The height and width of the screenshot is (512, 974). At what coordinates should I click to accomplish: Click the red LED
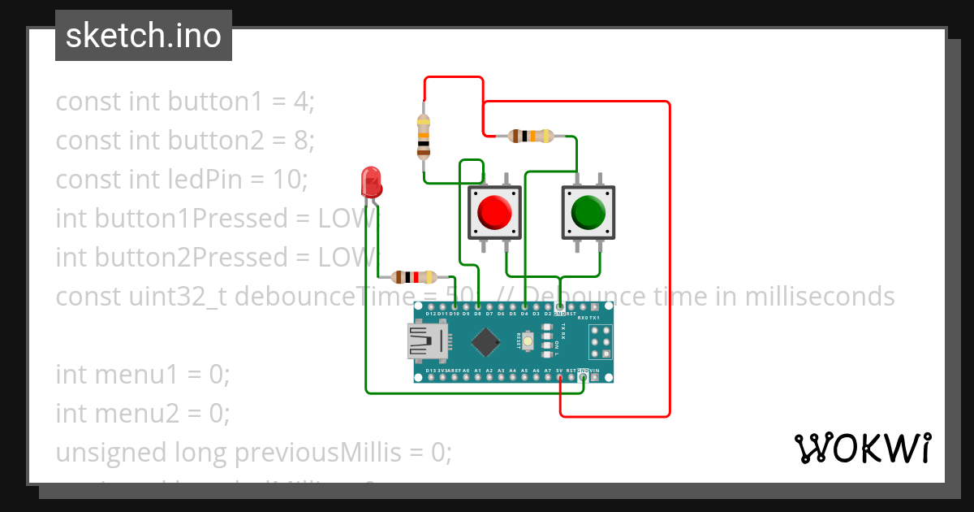tap(371, 181)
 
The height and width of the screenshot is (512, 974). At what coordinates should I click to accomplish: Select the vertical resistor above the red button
tap(423, 136)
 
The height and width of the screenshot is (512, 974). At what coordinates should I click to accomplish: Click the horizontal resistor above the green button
tap(530, 136)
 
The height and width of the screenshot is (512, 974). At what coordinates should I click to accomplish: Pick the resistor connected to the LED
tap(413, 276)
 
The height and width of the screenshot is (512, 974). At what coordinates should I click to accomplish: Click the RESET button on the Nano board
tap(528, 342)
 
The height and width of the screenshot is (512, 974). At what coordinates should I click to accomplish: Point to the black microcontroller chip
tap(485, 341)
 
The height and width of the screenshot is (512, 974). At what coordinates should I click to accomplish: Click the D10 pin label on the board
tap(455, 313)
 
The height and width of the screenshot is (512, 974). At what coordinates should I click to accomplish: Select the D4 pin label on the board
tap(524, 313)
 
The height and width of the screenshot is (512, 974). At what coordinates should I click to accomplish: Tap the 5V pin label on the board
tap(559, 371)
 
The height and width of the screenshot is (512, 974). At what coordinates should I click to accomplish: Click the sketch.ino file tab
tap(144, 36)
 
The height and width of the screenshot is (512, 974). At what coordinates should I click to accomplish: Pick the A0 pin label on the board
tap(466, 371)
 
